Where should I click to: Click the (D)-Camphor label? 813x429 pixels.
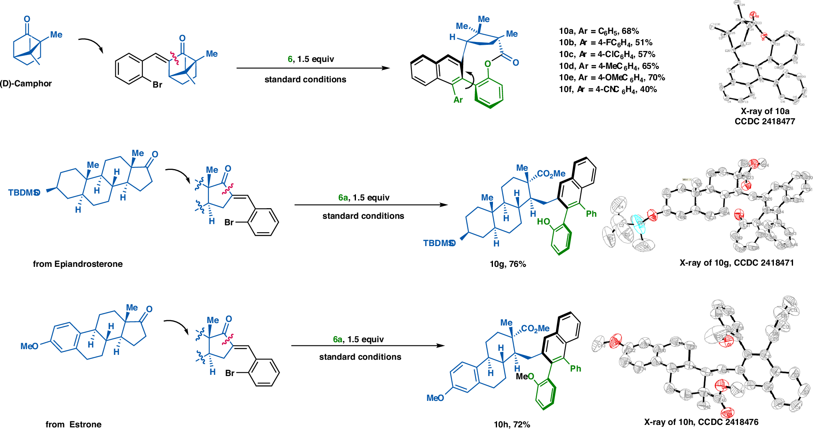(x=26, y=84)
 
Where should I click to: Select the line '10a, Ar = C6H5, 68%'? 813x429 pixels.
(x=599, y=31)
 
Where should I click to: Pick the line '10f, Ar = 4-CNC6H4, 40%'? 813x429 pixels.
(x=608, y=90)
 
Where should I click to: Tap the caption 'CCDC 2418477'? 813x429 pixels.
(x=764, y=121)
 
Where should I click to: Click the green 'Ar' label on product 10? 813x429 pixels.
(x=458, y=100)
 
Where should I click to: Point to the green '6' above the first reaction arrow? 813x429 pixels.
(x=290, y=59)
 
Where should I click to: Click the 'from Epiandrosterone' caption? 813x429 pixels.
(x=77, y=264)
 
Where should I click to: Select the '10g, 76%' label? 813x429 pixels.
(x=508, y=264)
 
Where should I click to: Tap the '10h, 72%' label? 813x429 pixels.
(x=512, y=425)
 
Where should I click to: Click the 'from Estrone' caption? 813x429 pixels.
(x=73, y=425)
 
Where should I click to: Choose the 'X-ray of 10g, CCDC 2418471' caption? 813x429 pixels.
(x=736, y=263)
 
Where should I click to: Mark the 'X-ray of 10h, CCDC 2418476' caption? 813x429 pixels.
(x=701, y=422)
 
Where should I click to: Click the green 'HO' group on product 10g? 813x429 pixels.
(x=543, y=222)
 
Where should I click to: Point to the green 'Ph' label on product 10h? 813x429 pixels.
(x=575, y=369)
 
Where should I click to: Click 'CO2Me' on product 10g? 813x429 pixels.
(x=551, y=174)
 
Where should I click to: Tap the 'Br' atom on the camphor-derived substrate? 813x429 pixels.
(x=157, y=85)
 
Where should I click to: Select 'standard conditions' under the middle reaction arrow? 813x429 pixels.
(x=363, y=216)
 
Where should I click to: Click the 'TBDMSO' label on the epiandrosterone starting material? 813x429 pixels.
(x=24, y=193)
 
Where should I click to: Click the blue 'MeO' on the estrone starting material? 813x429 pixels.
(x=29, y=346)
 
